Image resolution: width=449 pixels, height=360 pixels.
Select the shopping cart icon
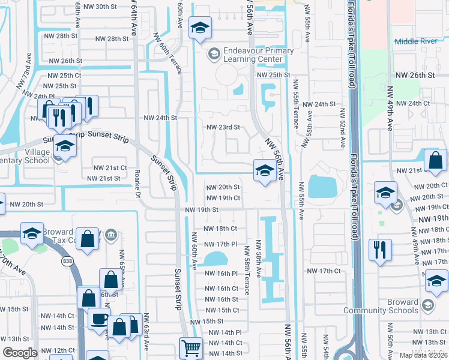(191, 347)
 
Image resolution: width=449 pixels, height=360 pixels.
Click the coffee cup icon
(99, 318)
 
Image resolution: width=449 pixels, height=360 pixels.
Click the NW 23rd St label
(223, 127)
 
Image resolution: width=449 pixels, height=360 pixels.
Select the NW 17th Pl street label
(221, 244)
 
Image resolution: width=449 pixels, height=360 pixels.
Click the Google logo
(20, 353)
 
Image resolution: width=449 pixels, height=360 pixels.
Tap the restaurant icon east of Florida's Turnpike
(380, 249)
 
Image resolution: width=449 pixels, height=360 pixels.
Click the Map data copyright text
(423, 355)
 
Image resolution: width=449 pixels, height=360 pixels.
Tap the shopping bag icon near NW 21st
(435, 160)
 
